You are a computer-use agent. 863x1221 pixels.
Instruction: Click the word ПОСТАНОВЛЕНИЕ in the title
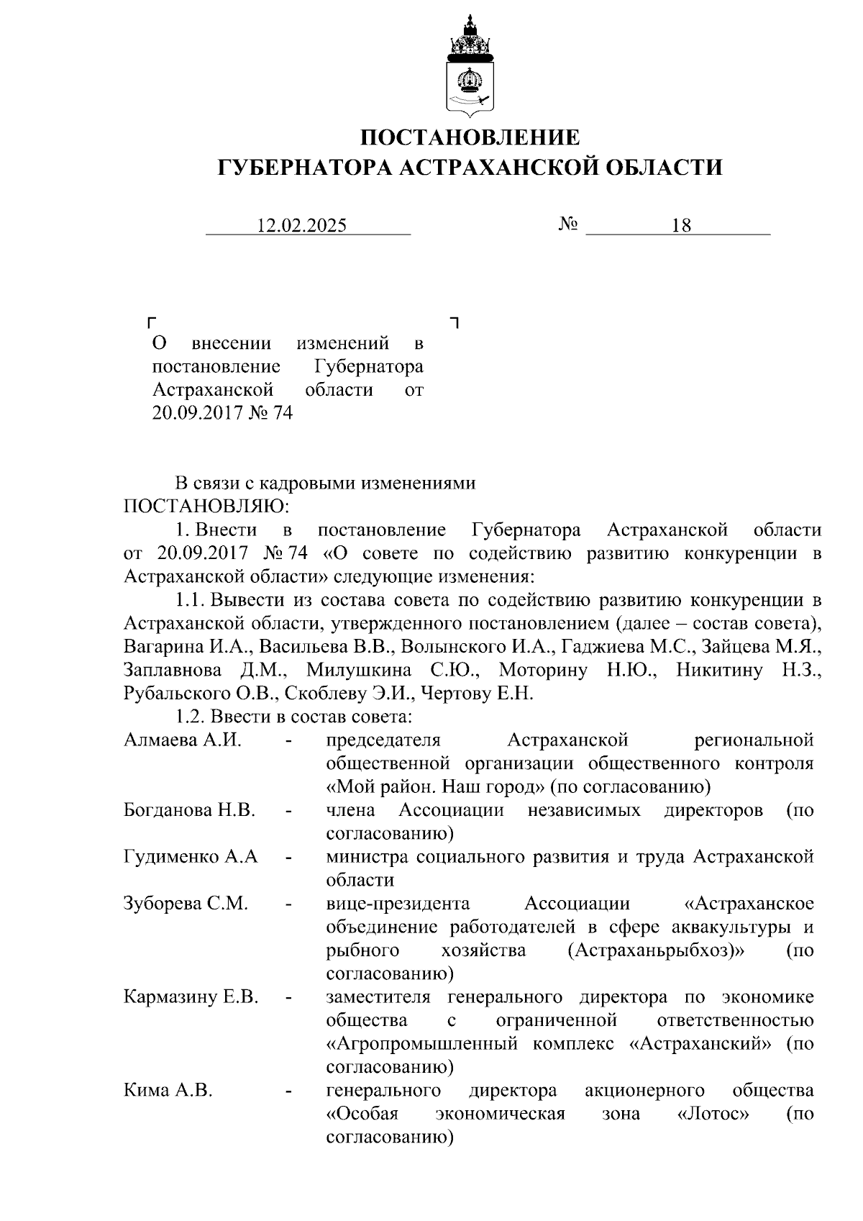click(x=470, y=137)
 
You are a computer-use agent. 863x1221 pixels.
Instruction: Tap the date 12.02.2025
click(x=302, y=226)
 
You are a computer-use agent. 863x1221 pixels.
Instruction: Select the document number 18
click(x=681, y=226)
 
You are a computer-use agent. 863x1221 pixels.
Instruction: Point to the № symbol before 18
click(x=568, y=225)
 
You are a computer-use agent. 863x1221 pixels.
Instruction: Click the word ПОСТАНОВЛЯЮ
click(x=206, y=507)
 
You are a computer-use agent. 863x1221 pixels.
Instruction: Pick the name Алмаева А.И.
click(x=183, y=740)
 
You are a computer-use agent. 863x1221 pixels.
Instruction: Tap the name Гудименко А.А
click(x=191, y=857)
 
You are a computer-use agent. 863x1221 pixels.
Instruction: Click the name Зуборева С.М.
click(x=186, y=904)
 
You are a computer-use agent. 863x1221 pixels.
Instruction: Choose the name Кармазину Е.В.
click(x=191, y=997)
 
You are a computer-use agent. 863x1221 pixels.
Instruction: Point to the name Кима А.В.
click(x=168, y=1091)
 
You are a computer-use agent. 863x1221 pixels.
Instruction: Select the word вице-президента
click(x=398, y=904)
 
